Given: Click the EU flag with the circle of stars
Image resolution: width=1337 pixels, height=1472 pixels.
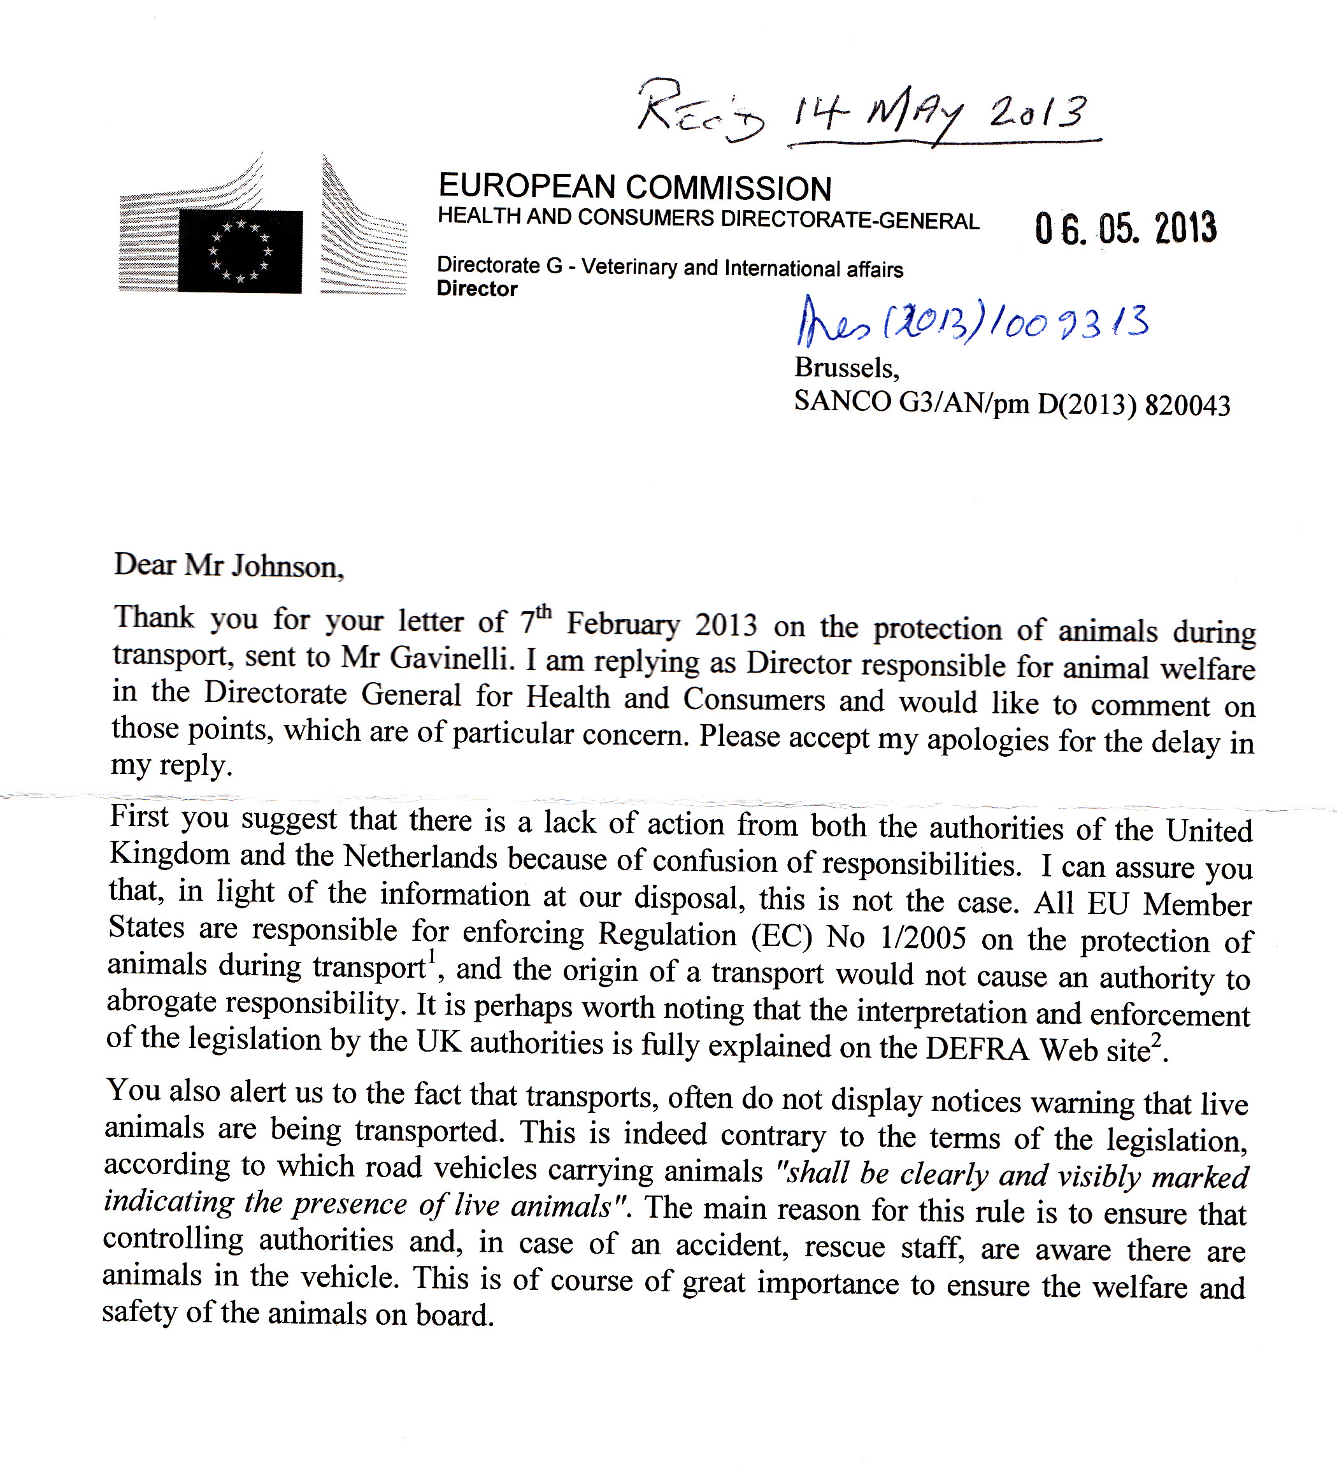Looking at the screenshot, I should (240, 251).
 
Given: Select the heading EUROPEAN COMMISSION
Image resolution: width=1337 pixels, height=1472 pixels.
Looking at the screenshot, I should (634, 188).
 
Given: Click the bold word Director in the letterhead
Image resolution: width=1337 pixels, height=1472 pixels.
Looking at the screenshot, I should (477, 289).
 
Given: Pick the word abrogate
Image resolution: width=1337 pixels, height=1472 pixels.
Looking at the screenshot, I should (161, 1003).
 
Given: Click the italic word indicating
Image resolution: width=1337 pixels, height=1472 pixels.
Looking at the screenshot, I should (169, 1202).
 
